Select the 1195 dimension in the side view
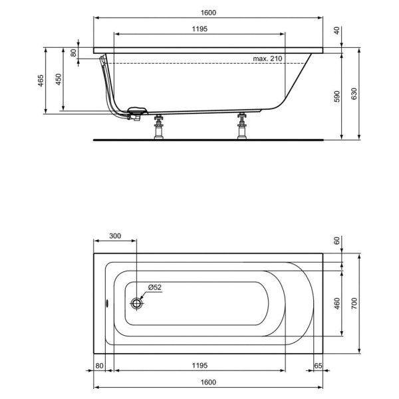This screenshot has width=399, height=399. [201, 28]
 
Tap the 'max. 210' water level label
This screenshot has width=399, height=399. [268, 59]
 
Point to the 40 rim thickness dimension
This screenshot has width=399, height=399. [337, 30]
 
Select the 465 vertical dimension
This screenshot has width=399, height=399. [41, 80]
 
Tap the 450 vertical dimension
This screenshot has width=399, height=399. [59, 80]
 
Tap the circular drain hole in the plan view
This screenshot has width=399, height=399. [137, 303]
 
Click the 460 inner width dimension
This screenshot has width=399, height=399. [337, 304]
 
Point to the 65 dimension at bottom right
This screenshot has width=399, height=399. [318, 366]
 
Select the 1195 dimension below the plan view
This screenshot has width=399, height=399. [201, 366]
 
